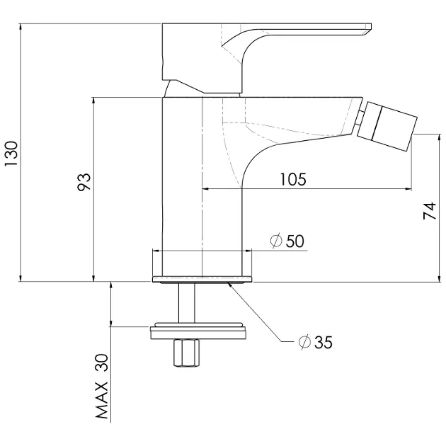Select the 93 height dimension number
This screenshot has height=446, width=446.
point(84,183)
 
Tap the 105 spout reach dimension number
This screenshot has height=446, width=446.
point(292,180)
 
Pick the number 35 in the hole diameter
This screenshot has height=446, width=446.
point(323,343)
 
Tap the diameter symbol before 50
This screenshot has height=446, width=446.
point(277,241)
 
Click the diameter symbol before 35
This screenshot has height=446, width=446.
point(304,343)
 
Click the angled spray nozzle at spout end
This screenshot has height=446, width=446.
point(384,125)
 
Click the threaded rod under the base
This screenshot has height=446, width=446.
point(188,302)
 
